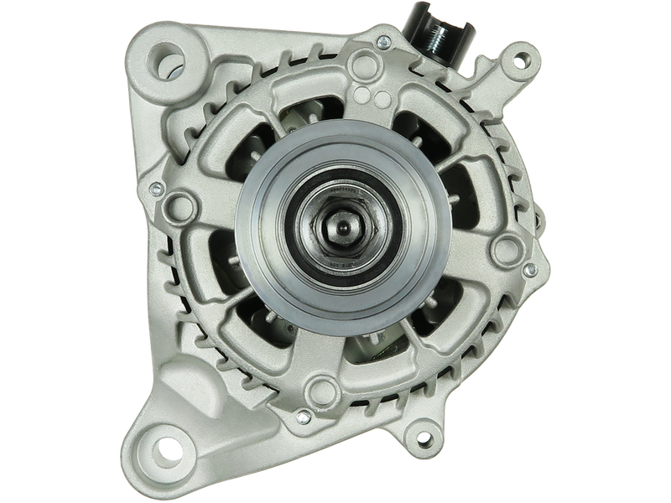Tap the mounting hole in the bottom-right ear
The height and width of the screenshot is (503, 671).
[424, 438]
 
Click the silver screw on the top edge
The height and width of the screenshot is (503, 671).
[382, 40]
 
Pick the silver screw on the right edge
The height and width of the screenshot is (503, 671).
[529, 271]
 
